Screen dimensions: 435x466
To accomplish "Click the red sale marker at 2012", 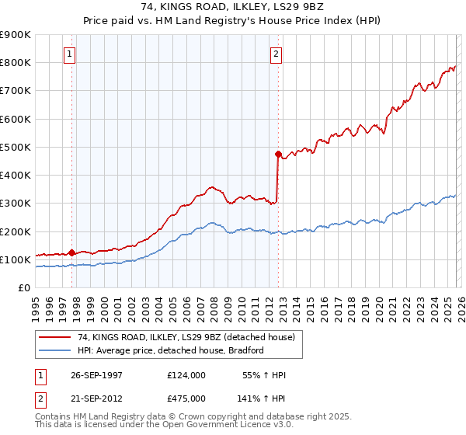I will pyautogui.click(x=278, y=154).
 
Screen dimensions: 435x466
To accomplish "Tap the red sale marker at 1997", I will pyautogui.click(x=72, y=252).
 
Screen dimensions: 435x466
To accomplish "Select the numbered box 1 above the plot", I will pyautogui.click(x=70, y=54).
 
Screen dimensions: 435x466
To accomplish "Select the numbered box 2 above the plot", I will pyautogui.click(x=276, y=54).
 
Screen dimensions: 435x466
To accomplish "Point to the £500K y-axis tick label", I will pyautogui.click(x=15, y=147).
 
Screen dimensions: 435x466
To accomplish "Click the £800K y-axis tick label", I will pyautogui.click(x=15, y=62).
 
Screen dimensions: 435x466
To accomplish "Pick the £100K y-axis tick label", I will pyautogui.click(x=15, y=259).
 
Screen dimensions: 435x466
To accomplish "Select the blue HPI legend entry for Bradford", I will pyautogui.click(x=171, y=350).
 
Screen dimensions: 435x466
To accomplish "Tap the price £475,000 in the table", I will pyautogui.click(x=186, y=398).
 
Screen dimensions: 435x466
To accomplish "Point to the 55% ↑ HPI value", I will pyautogui.click(x=265, y=375).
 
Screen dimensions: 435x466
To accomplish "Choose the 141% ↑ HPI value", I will pyautogui.click(x=262, y=398).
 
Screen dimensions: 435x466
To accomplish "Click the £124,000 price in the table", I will pyautogui.click(x=186, y=375).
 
